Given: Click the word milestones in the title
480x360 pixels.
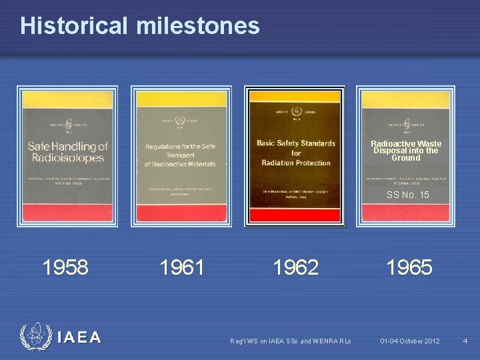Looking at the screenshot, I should pyautogui.click(x=198, y=25).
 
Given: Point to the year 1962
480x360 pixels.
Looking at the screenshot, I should pyautogui.click(x=295, y=267).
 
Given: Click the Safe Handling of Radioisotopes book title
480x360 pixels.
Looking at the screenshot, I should pyautogui.click(x=67, y=151).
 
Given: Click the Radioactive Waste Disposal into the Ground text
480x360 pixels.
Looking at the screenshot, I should pyautogui.click(x=405, y=151).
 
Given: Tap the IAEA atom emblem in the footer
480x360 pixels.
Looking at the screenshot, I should pyautogui.click(x=34, y=337).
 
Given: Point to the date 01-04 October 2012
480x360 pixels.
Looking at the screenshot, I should pyautogui.click(x=410, y=341).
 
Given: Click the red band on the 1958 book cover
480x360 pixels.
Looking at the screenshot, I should pyautogui.click(x=67, y=213).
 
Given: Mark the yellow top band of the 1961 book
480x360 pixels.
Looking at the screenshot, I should pyautogui.click(x=181, y=100).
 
